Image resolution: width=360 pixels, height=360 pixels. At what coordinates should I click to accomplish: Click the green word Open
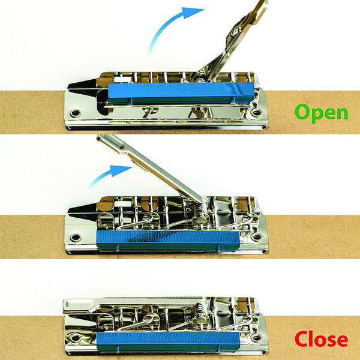click(322, 113)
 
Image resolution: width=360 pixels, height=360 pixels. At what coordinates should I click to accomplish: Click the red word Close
click(321, 339)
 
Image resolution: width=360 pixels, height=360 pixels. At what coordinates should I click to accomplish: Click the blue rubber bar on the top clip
click(181, 93)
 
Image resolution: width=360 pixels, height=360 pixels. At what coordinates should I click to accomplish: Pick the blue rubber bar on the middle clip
click(168, 241)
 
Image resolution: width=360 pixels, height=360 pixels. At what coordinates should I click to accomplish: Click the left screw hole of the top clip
click(76, 113)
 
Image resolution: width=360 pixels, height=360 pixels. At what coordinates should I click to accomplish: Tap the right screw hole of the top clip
click(256, 113)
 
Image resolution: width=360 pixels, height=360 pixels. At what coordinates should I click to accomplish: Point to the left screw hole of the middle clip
click(76, 238)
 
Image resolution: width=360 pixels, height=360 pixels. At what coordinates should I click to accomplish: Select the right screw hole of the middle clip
click(256, 237)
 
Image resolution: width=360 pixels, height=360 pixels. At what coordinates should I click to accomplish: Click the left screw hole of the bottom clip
click(75, 338)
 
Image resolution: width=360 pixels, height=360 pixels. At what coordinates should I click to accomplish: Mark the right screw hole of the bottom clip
click(256, 338)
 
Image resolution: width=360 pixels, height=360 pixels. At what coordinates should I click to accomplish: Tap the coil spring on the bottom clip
click(200, 309)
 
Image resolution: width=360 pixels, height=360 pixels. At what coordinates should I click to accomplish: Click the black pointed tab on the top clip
click(82, 85)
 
